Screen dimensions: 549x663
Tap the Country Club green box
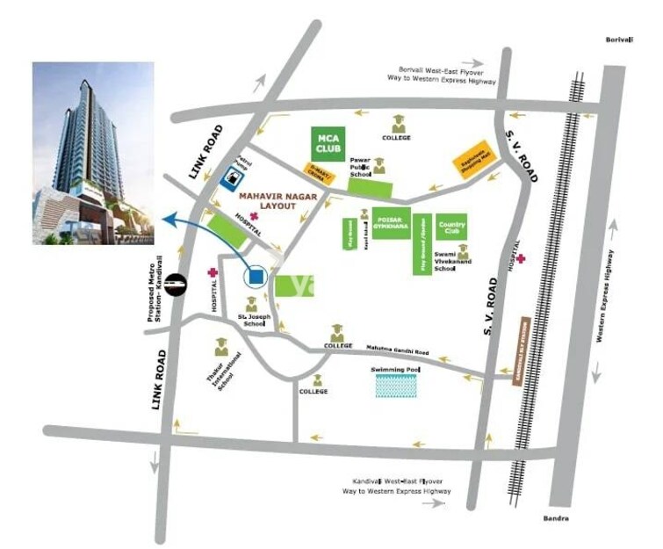point(450,226)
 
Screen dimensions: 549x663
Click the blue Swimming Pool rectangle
point(398,385)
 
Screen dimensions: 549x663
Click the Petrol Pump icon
point(228,177)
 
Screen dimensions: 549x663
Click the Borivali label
point(620,40)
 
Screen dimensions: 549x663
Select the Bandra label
point(556,518)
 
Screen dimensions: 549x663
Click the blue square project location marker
point(255,278)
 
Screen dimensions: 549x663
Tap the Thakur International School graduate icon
point(220,349)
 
